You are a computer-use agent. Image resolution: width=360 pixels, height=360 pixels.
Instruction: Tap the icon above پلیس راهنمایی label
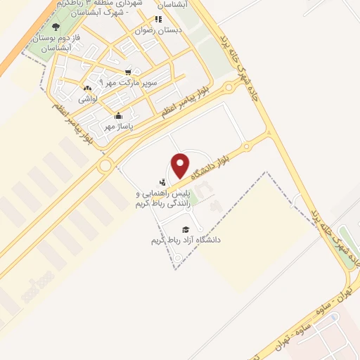(x=163, y=182)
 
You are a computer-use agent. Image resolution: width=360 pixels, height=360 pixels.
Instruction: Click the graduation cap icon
(x=186, y=229)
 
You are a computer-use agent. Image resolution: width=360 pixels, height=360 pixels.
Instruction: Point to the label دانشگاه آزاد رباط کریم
(x=186, y=240)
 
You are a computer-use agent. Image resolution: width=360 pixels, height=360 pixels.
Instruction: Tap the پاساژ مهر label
(x=118, y=127)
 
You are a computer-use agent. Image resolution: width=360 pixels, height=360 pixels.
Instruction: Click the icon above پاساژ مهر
(x=118, y=116)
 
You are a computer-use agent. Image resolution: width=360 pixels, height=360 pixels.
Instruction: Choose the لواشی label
(x=87, y=99)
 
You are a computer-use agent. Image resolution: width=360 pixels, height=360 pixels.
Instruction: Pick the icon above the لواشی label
(x=87, y=89)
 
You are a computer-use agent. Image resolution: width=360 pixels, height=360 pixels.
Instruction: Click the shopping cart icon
(x=127, y=72)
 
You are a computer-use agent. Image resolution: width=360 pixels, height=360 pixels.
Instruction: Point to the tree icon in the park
(x=56, y=27)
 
